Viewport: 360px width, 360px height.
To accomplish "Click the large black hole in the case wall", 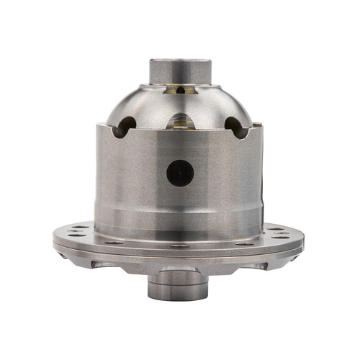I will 180,173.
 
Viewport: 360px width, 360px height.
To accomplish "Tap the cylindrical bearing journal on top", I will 180,71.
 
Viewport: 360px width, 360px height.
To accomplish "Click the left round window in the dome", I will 125,127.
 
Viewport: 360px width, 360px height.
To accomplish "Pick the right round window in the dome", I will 235,127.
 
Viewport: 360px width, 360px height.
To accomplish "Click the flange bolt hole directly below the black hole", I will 180,245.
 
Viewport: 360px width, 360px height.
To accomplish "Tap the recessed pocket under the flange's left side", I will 101,264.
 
